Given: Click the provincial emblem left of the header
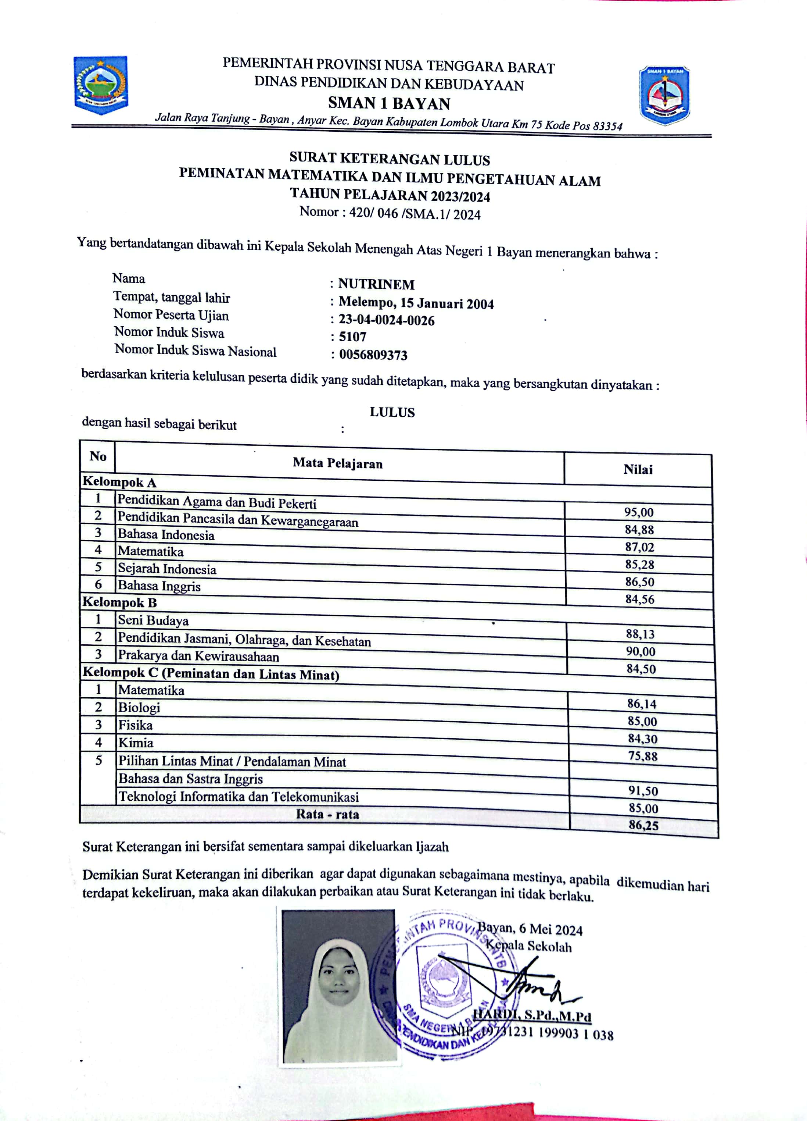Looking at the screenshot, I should [x=101, y=85].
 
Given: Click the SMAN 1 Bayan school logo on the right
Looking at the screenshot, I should [x=664, y=95].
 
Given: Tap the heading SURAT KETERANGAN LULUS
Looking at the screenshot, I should [x=389, y=159].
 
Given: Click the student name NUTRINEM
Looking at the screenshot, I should [x=376, y=284].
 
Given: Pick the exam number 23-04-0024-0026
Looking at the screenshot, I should [x=386, y=320].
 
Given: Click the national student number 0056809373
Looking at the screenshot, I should [x=373, y=355].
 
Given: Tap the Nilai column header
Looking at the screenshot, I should [x=638, y=469].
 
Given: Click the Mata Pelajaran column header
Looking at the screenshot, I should [x=338, y=463].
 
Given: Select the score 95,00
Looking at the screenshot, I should [x=639, y=512].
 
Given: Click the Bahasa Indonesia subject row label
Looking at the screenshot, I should [x=166, y=535].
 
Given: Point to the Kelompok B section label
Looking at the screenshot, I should [x=119, y=602].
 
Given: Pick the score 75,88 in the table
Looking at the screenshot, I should [x=642, y=756].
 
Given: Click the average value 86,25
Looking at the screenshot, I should [x=643, y=825].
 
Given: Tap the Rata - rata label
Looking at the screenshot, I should [x=327, y=814].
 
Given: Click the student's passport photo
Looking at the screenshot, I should [x=340, y=986].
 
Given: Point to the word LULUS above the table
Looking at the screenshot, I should [x=392, y=412].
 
